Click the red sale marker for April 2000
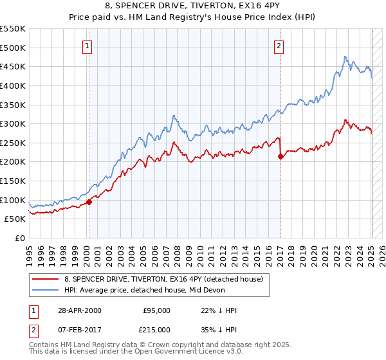[x=89, y=202]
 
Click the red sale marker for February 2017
[x=280, y=156]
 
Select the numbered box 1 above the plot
[x=87, y=46]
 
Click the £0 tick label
[x=19, y=238]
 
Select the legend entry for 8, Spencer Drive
[x=163, y=280]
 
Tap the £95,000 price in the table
[x=156, y=310]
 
